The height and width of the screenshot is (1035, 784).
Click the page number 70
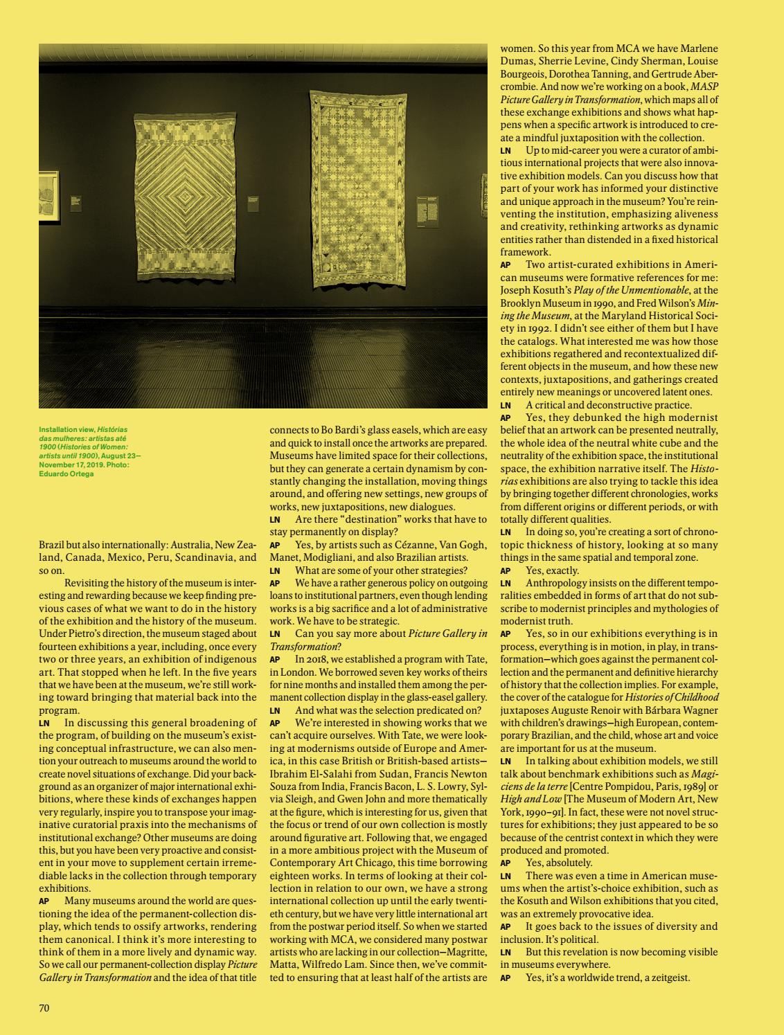tap(44, 1008)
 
